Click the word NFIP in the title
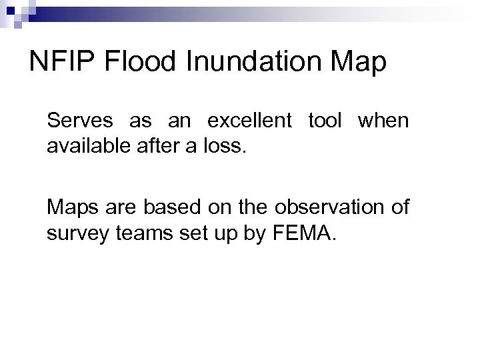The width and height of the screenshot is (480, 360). coord(64,63)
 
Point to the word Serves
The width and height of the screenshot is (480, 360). coord(75,122)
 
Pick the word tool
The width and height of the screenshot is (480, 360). coord(324,122)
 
